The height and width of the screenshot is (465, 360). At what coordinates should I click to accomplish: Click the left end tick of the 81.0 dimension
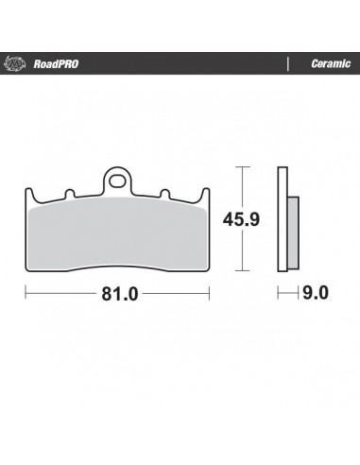click(x=25, y=293)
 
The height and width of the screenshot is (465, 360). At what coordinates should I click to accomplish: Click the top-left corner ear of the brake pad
click(x=28, y=194)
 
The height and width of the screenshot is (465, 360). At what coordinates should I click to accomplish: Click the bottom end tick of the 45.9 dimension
click(x=244, y=267)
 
